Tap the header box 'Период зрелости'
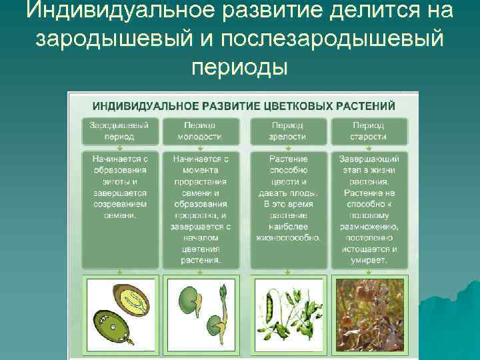point(288,131)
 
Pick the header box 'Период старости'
point(368,131)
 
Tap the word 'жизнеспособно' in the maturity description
point(287,237)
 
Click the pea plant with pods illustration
point(288,313)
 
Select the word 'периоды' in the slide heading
point(239,67)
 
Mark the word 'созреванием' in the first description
point(121,204)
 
